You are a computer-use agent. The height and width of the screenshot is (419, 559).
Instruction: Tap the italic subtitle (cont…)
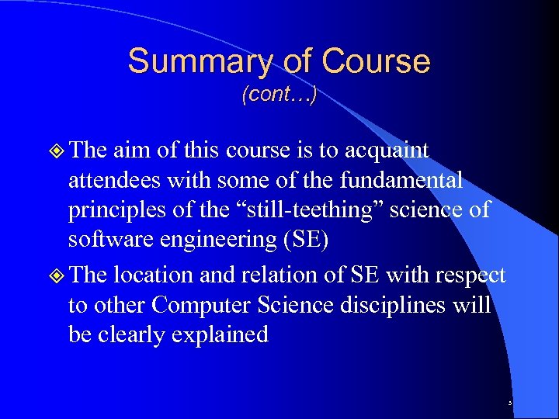point(279,95)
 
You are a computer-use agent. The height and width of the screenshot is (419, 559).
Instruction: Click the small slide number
point(510,403)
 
